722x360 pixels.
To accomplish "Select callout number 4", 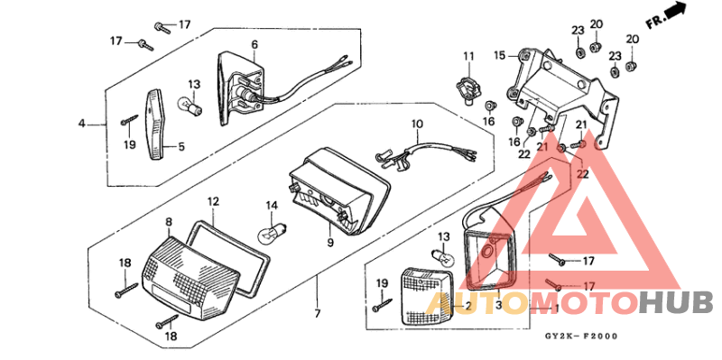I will [80, 123].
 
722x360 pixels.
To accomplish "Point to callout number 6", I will [255, 44].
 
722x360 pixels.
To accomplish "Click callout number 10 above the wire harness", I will [418, 124].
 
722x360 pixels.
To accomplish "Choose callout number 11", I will [468, 57].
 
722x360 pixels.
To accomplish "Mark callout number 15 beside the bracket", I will [498, 55].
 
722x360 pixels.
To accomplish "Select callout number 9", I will [330, 242].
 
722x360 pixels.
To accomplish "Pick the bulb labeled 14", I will [269, 235].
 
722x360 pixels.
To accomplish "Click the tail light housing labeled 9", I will [341, 191].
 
